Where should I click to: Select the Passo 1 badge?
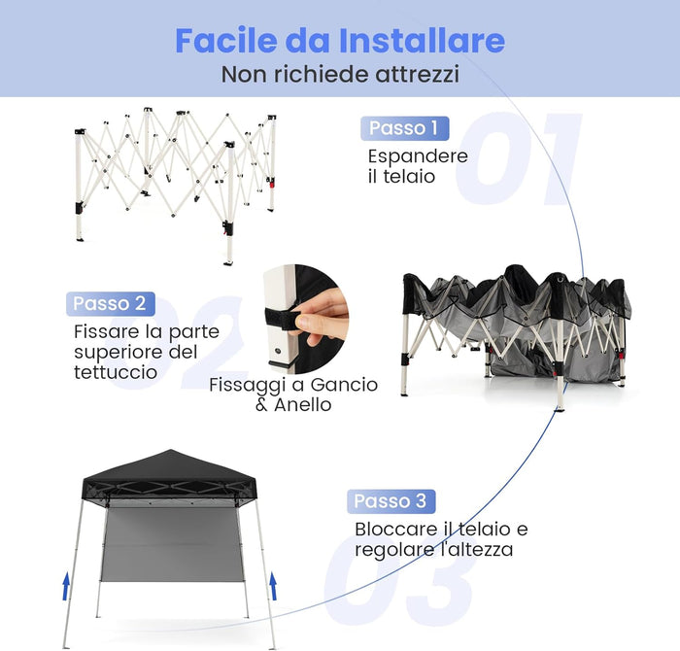tap(404, 128)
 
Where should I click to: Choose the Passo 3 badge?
tap(391, 501)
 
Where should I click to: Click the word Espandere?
tap(418, 156)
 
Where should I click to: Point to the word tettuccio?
tap(115, 372)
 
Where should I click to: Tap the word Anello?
tap(301, 405)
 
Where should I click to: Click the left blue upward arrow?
tap(67, 585)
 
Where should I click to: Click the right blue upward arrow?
tap(273, 585)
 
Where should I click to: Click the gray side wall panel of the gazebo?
tap(169, 544)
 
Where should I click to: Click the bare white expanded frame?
tap(175, 170)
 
